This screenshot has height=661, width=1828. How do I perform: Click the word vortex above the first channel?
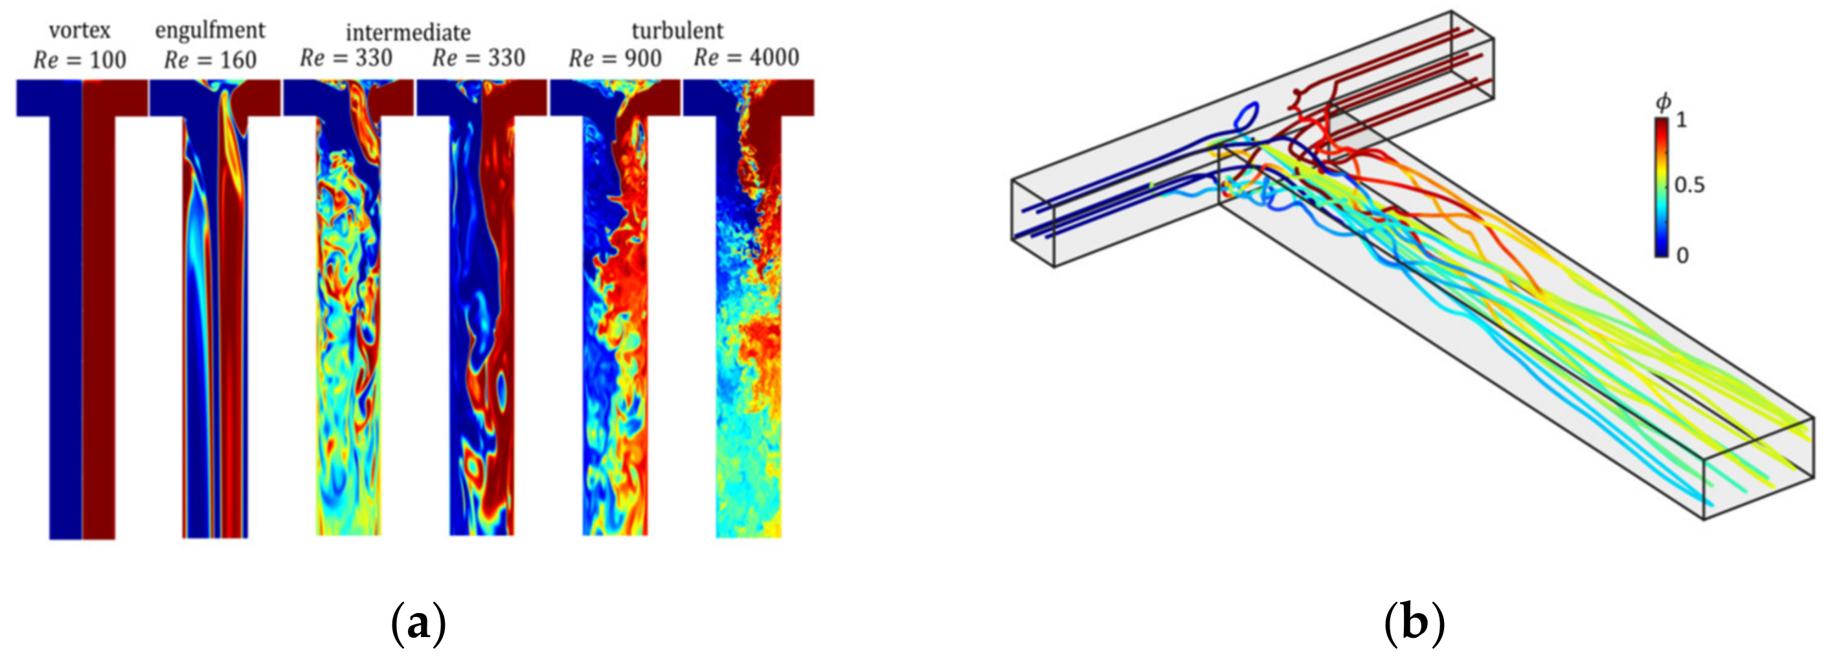coord(80,31)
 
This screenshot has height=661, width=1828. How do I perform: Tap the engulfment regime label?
coord(210,30)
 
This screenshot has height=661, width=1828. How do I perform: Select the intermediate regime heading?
coord(408,32)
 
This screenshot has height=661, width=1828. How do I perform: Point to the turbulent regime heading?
coord(678,31)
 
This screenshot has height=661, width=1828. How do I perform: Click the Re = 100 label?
coord(80,60)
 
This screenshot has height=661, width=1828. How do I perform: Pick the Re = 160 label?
coord(210,60)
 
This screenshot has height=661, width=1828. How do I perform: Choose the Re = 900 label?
coord(615,58)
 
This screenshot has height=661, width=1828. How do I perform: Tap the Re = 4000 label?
coord(747,58)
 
